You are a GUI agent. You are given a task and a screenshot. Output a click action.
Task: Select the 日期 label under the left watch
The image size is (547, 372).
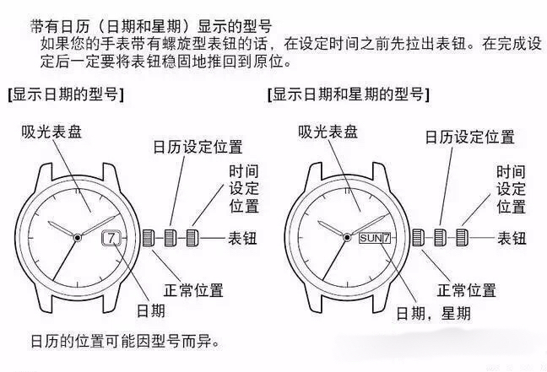coord(152,311)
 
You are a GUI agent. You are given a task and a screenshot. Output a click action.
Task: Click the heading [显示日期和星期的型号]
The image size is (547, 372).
coord(348,94)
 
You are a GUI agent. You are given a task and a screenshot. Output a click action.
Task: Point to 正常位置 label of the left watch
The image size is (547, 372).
coord(194,290)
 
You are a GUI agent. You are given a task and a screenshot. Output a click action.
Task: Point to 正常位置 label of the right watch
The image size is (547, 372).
coord(466,290)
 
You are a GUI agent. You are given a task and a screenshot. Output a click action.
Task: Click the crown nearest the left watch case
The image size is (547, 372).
coord(148,238)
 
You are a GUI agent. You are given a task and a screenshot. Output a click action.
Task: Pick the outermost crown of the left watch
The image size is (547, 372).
coord(193,238)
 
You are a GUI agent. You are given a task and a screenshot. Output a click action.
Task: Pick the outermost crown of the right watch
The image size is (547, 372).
coord(463,238)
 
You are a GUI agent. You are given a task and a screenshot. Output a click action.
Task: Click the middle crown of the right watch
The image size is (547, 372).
coord(441,238)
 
